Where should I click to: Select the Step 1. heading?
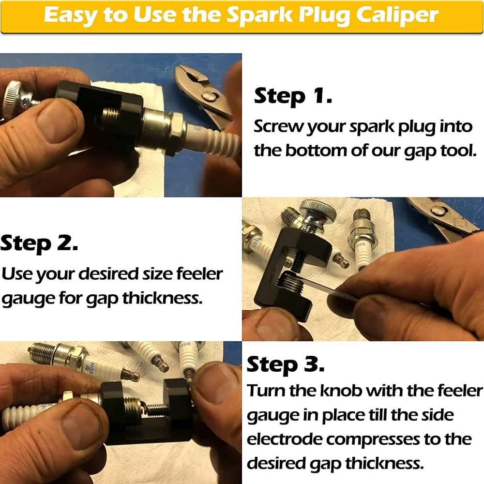click(293, 96)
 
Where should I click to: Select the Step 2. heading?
click(40, 243)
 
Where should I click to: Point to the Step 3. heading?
click(286, 365)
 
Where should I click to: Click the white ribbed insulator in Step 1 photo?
click(213, 138)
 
